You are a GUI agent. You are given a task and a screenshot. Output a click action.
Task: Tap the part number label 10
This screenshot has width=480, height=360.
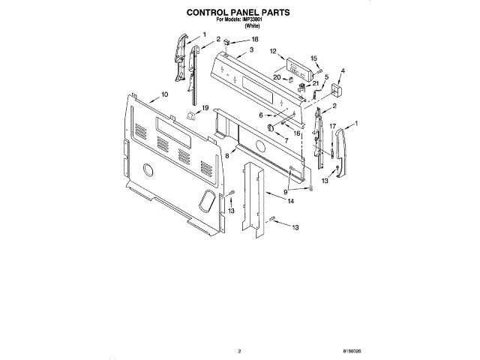163,95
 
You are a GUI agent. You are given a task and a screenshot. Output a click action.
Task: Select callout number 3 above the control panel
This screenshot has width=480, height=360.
251,49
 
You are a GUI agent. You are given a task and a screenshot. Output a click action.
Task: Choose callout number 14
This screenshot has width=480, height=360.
290,202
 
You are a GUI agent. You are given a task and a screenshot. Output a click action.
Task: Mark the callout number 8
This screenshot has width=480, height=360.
227,155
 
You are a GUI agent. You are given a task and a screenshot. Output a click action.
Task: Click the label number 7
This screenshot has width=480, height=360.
286,140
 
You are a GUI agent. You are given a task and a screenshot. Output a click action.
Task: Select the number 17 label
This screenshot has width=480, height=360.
332,126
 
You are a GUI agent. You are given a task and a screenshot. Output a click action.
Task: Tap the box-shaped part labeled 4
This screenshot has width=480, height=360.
334,91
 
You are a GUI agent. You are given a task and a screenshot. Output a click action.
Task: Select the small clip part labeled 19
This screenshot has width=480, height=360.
190,115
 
